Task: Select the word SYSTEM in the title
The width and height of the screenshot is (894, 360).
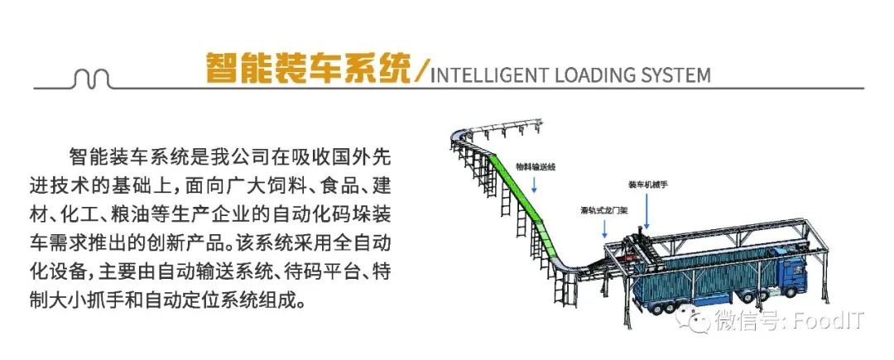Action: click(x=675, y=75)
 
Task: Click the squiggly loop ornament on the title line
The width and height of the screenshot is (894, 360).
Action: click(x=92, y=79)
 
